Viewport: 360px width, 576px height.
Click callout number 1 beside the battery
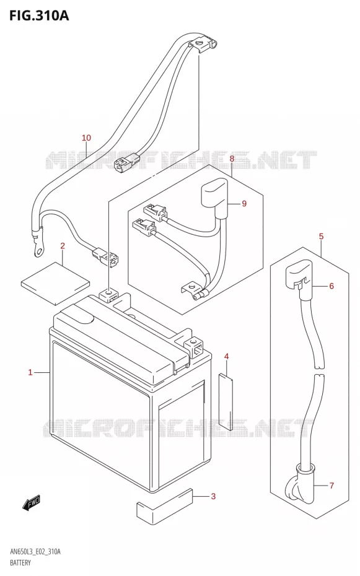point(30,372)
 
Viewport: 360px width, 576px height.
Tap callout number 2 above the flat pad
point(63,246)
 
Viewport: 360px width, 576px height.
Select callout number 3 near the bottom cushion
point(213,497)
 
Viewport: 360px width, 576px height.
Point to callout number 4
point(226,356)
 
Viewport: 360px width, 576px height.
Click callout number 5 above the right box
point(321,236)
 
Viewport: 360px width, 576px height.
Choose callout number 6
point(331,286)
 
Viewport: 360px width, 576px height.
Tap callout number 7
point(331,486)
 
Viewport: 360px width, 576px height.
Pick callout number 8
point(232,159)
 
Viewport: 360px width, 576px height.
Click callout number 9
point(244,204)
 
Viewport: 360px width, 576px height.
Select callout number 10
point(86,137)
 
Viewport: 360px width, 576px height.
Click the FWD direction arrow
point(31,502)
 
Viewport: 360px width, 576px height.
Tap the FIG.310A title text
point(38,15)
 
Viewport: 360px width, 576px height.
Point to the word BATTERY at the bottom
point(20,563)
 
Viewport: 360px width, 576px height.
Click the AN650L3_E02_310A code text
point(35,552)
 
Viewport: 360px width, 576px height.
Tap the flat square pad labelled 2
point(55,283)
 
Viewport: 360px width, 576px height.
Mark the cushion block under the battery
point(165,505)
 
